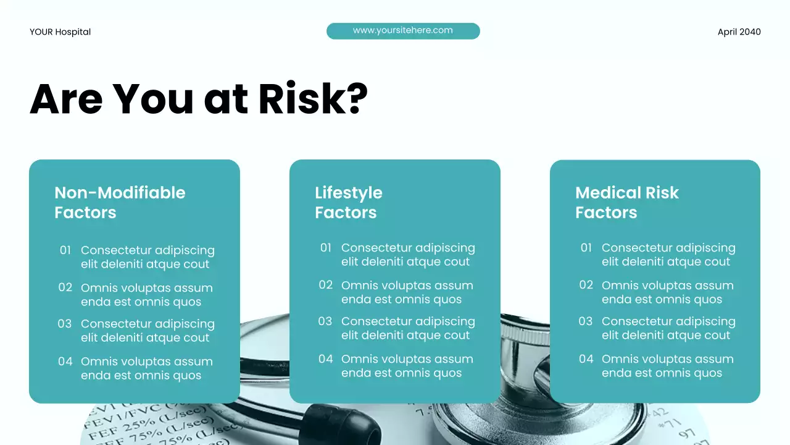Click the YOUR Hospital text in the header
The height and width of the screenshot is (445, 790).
pyautogui.click(x=60, y=32)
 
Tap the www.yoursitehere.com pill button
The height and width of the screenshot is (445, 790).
pyautogui.click(x=402, y=31)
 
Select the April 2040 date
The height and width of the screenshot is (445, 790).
pyautogui.click(x=739, y=32)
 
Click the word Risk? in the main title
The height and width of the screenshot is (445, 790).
pyautogui.click(x=313, y=99)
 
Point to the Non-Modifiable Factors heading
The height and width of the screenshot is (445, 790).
pyautogui.click(x=120, y=202)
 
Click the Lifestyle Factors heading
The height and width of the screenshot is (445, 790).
pyautogui.click(x=348, y=202)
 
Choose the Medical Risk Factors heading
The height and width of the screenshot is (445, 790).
pyautogui.click(x=626, y=202)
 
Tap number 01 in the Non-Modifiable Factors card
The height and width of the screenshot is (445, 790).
pyautogui.click(x=65, y=250)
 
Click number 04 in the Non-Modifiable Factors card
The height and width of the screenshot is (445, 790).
pyautogui.click(x=65, y=362)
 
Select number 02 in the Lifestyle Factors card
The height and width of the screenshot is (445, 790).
pyautogui.click(x=326, y=285)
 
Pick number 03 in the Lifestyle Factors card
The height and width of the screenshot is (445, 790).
pyautogui.click(x=325, y=321)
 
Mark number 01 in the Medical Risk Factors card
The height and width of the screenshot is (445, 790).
pyautogui.click(x=586, y=248)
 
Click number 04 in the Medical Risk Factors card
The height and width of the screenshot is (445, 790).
pyautogui.click(x=586, y=359)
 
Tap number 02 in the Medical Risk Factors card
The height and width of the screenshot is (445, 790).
pyautogui.click(x=586, y=285)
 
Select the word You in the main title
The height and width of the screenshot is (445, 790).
pyautogui.click(x=153, y=99)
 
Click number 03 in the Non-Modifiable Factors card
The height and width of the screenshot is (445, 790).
pyautogui.click(x=65, y=324)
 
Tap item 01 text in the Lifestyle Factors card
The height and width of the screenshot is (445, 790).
pyautogui.click(x=408, y=255)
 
